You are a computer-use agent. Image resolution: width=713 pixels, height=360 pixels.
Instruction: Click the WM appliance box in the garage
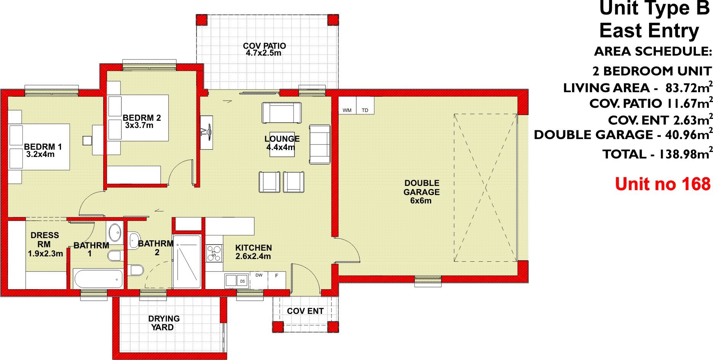(x=347, y=106)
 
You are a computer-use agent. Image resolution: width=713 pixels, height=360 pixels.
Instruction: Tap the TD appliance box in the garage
(x=365, y=106)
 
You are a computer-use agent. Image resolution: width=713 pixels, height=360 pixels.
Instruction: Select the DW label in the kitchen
(x=259, y=275)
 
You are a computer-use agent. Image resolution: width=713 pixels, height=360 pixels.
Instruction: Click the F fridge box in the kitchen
(x=277, y=280)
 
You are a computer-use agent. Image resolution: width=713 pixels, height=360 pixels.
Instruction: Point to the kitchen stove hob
(x=214, y=253)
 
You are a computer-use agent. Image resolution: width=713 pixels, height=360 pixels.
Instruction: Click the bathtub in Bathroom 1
(x=98, y=279)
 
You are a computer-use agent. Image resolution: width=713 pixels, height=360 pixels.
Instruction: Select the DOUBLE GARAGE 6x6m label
(x=421, y=192)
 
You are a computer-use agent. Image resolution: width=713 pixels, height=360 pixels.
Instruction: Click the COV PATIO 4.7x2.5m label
(x=264, y=49)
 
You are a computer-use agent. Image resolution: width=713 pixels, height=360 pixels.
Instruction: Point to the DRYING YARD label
(x=164, y=323)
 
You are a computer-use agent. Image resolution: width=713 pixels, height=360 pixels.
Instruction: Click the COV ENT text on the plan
(x=305, y=311)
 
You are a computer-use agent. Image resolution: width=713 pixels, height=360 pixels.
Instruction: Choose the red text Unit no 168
(x=662, y=184)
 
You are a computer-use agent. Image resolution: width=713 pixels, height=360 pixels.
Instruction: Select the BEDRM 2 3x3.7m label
(x=141, y=121)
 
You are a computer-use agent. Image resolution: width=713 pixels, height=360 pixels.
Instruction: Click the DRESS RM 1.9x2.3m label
(x=45, y=244)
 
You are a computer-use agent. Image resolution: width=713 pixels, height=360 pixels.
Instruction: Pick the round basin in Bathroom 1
(x=115, y=231)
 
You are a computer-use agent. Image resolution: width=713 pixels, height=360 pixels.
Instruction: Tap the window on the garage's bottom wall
(x=427, y=280)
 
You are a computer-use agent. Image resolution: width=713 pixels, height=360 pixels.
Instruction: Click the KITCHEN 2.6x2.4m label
(x=253, y=252)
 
